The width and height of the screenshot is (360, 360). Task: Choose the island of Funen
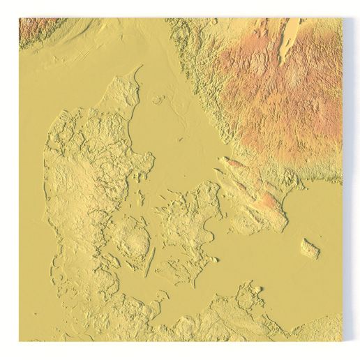133,241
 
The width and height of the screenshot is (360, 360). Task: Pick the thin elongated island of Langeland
151,261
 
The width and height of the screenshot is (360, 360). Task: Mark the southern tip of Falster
198,286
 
